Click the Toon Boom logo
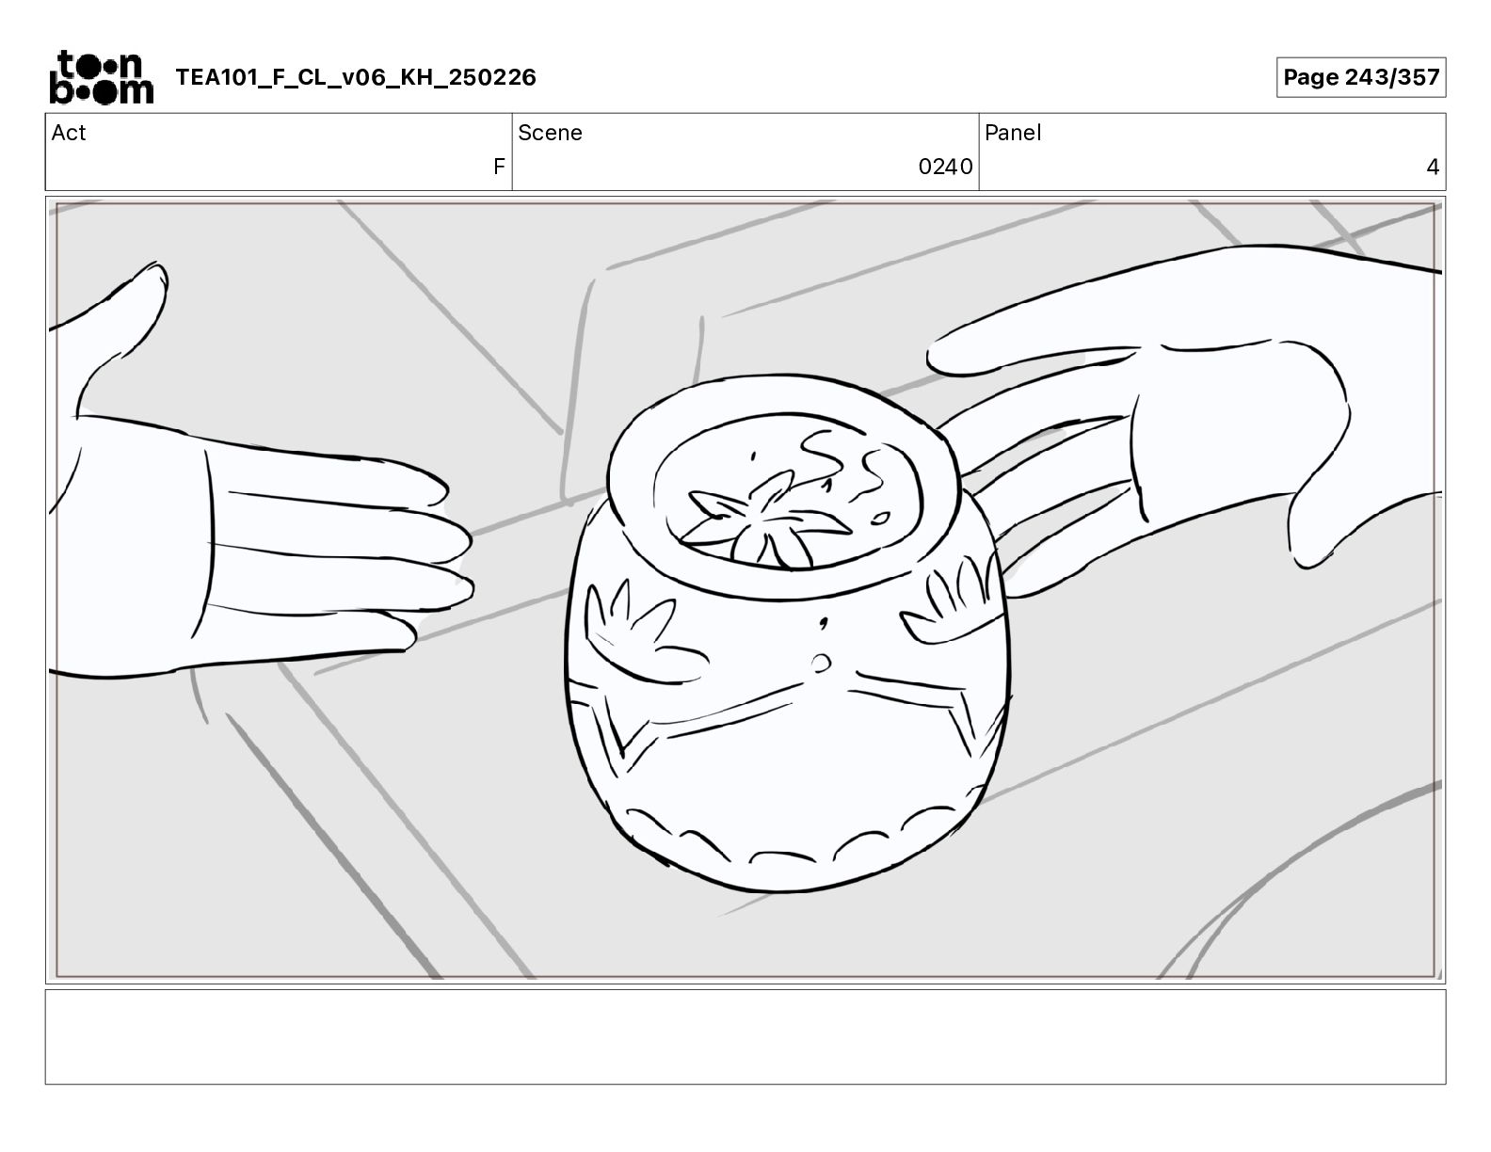pos(102,77)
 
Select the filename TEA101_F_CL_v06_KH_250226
pos(356,77)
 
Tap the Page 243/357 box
pos(1361,77)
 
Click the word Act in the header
pos(69,133)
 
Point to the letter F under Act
pos(499,166)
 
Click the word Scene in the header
pos(550,133)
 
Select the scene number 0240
pos(945,166)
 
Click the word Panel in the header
pos(1013,133)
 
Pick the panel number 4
pos(1433,166)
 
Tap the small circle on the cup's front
pos(821,664)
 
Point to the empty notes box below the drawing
pos(745,1037)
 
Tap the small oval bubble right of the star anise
pos(880,518)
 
